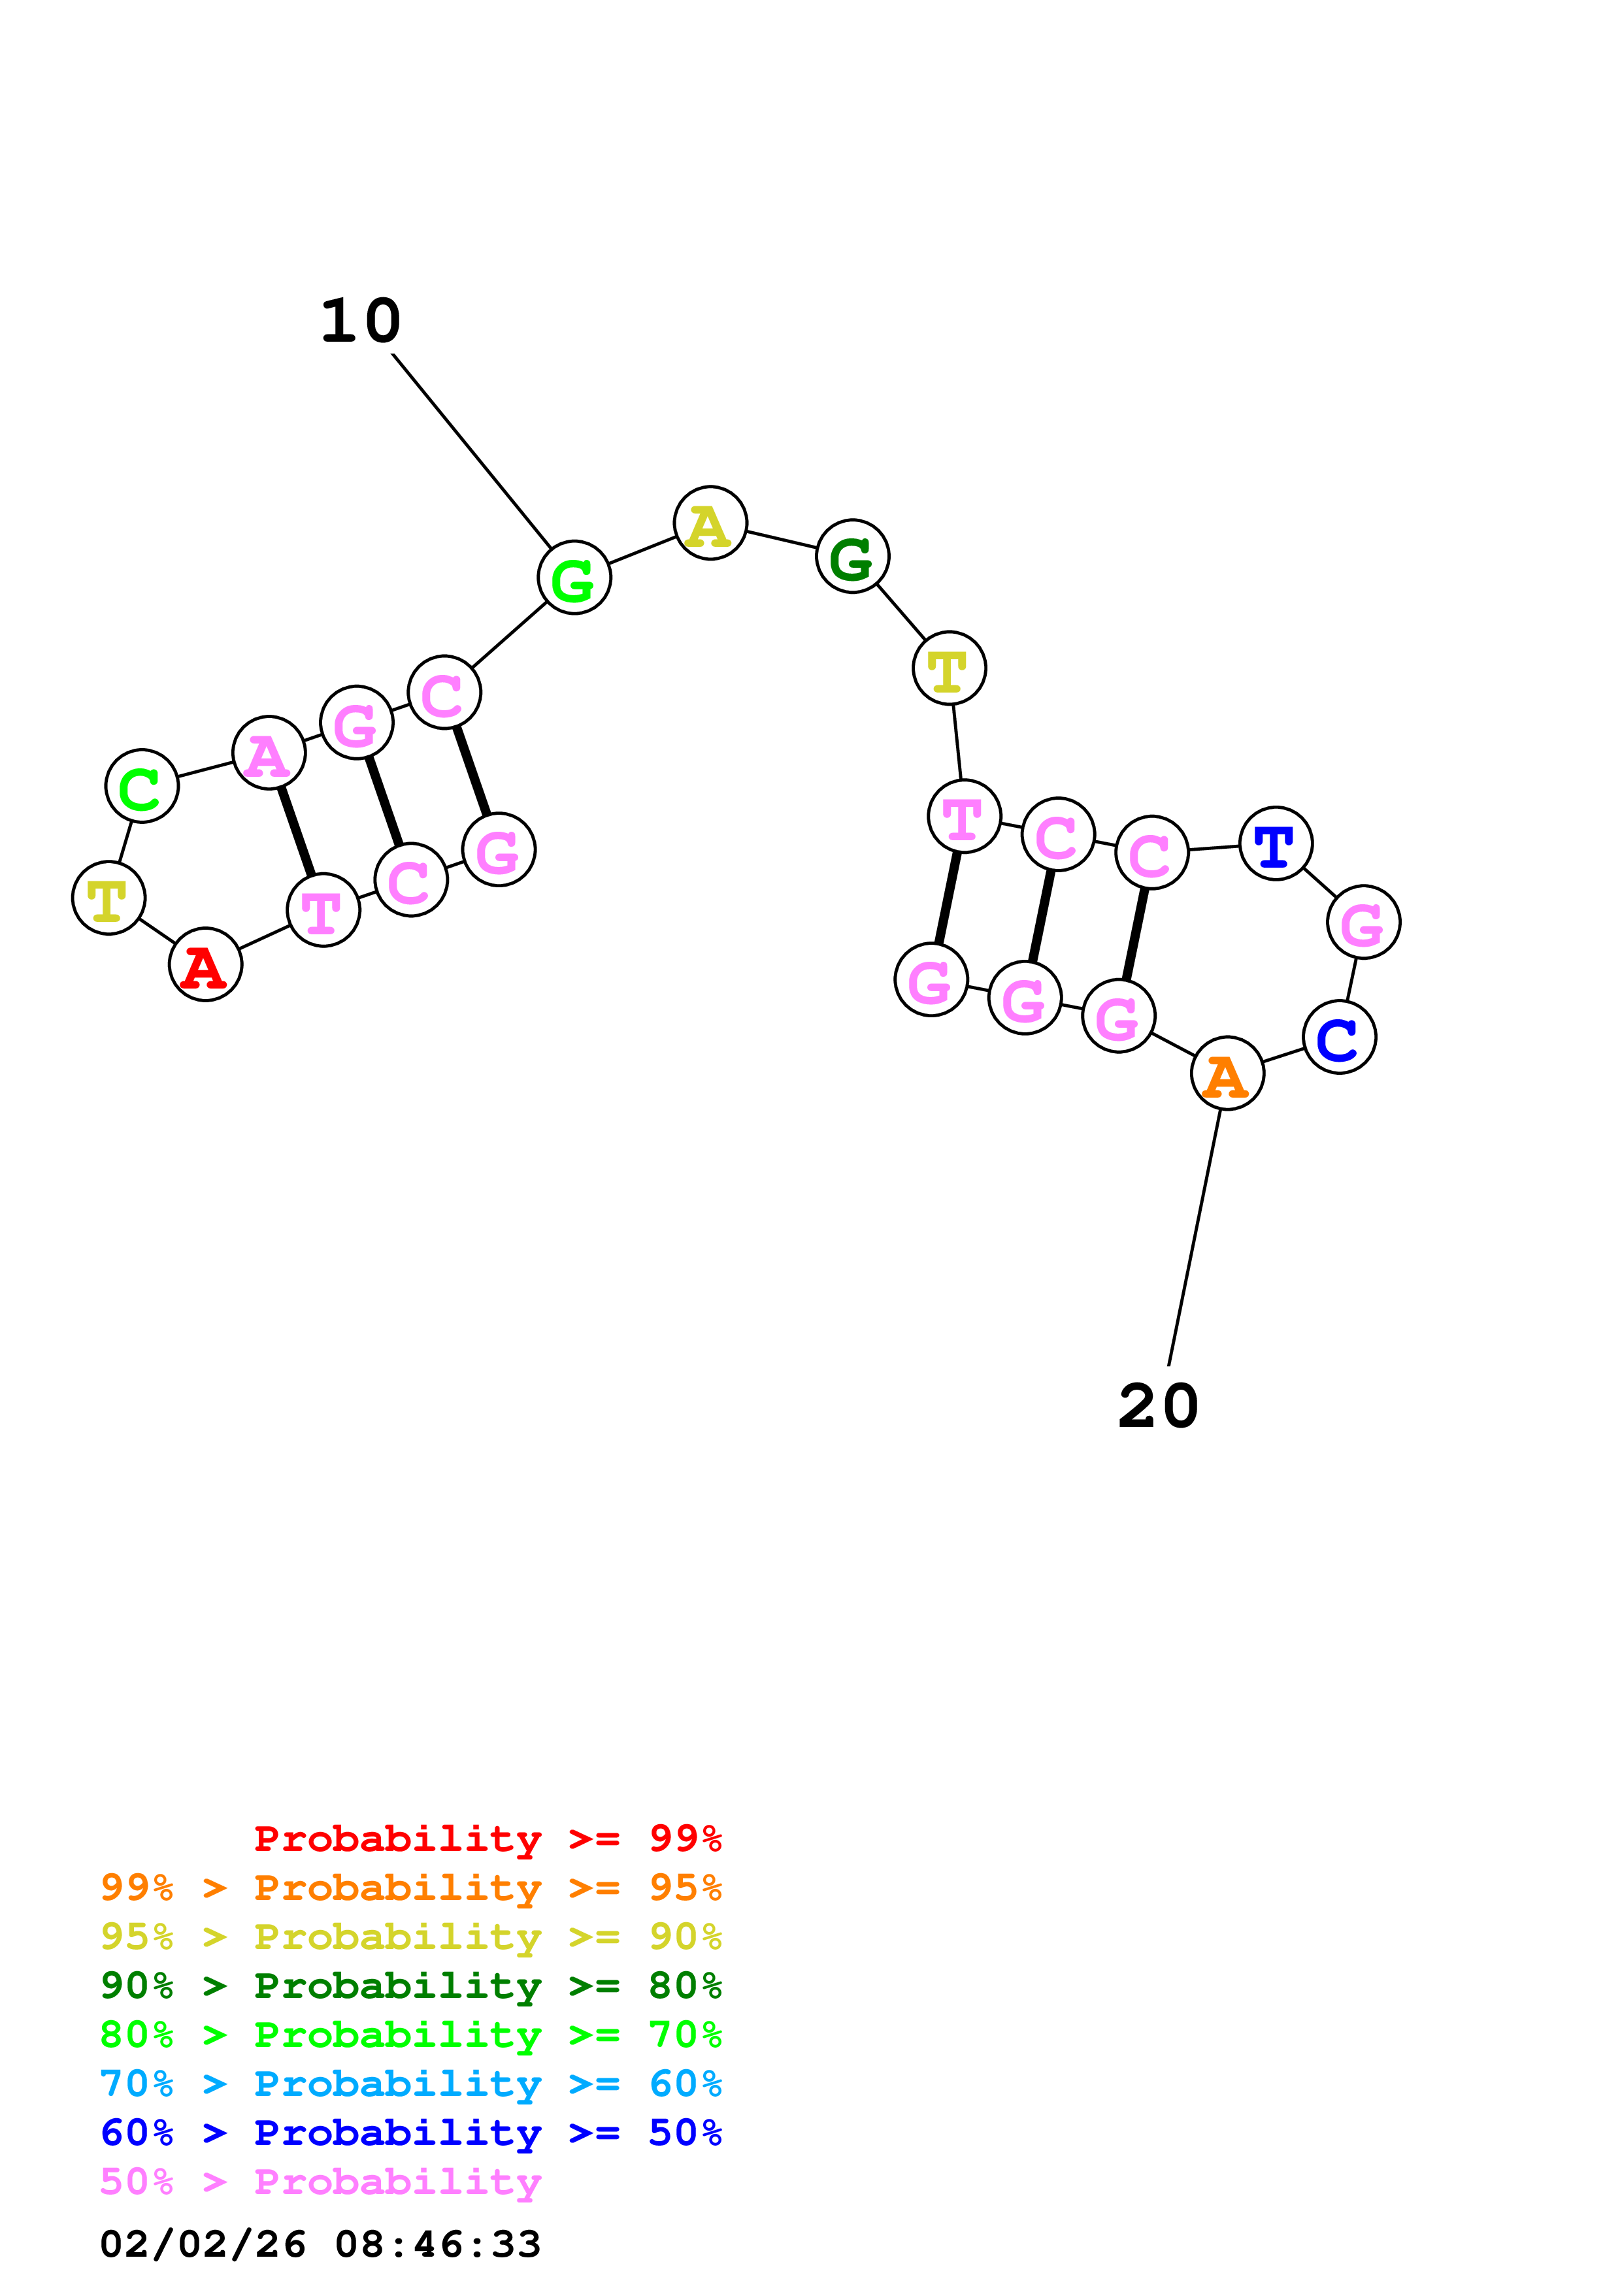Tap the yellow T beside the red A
click(x=108, y=898)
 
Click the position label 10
click(x=360, y=321)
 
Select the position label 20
click(x=1158, y=1407)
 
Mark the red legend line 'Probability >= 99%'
click(x=487, y=1839)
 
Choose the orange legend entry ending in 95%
click(x=410, y=1888)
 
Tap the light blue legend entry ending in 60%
click(x=410, y=2084)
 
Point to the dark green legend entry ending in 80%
click(x=410, y=1986)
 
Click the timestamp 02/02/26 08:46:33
click(x=320, y=2244)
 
